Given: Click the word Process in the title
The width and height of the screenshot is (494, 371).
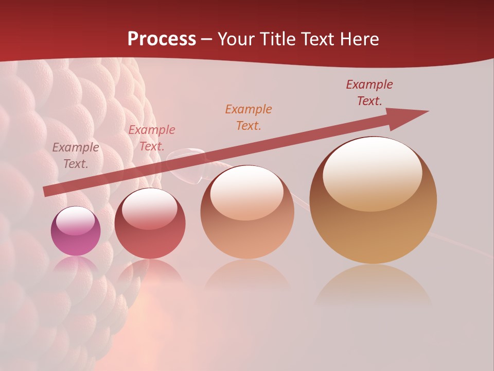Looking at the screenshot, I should (x=162, y=39).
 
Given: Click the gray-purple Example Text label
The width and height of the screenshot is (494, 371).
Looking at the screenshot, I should (x=76, y=155).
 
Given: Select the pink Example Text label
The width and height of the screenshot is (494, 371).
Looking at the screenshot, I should (x=152, y=138).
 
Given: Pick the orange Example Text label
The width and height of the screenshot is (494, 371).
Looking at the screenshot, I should (x=249, y=117).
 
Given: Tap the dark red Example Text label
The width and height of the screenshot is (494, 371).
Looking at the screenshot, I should (x=369, y=92).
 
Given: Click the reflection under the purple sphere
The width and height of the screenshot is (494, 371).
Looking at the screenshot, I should (x=76, y=265).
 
